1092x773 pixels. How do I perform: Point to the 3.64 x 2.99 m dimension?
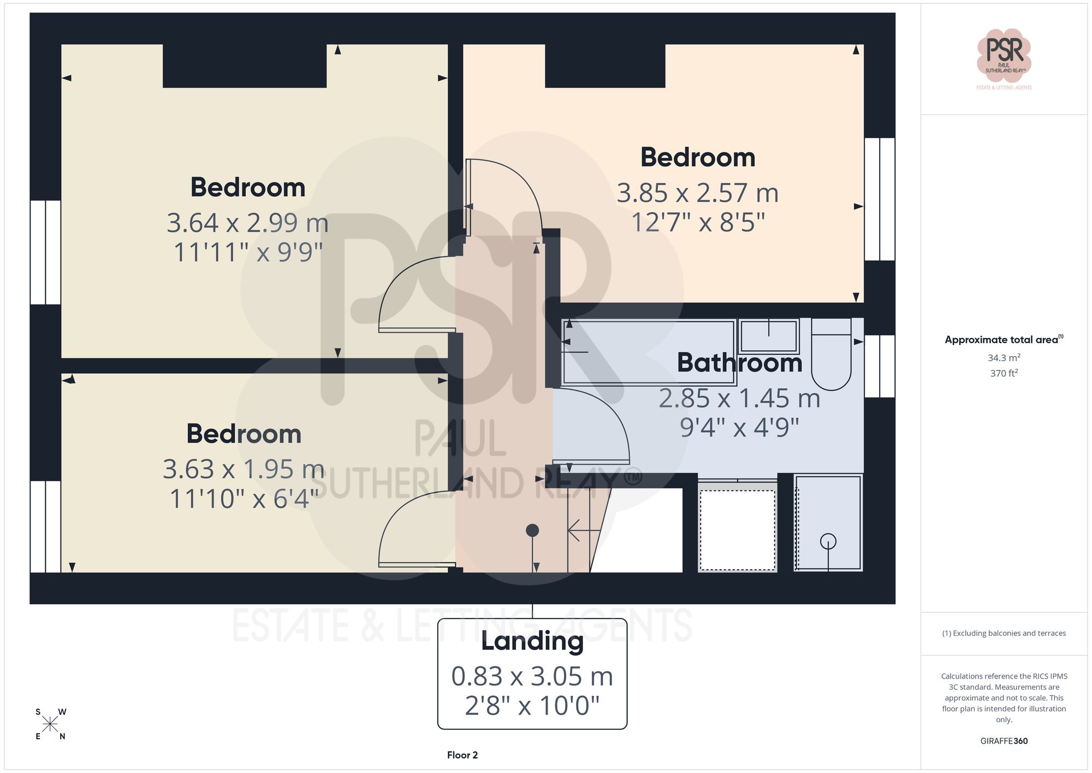click(x=247, y=223)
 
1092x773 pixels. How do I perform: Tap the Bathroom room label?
click(x=739, y=363)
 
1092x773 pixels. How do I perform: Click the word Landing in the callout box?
click(x=532, y=641)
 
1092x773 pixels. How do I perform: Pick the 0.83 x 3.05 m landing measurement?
click(x=532, y=677)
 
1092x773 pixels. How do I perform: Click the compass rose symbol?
click(x=50, y=724)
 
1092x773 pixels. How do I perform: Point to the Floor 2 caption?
click(x=462, y=755)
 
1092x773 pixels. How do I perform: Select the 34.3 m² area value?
click(x=1004, y=358)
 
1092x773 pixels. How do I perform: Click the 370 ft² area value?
click(x=1004, y=374)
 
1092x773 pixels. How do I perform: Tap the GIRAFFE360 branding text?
click(x=1004, y=741)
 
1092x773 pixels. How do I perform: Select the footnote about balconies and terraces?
click(x=1004, y=633)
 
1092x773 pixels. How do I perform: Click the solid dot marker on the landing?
click(x=532, y=530)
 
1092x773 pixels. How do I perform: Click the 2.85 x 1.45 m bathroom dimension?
click(x=739, y=399)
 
